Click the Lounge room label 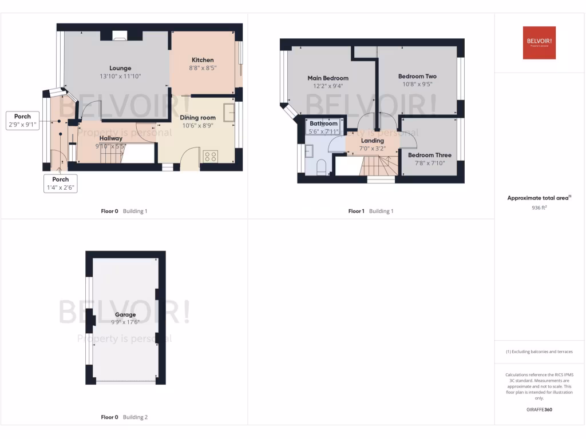click(120, 68)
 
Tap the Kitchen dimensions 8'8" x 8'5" click(203, 67)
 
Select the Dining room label click(198, 118)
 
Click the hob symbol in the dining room click(210, 155)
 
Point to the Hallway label click(110, 138)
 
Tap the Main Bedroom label click(328, 78)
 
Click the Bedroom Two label click(417, 77)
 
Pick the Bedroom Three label click(429, 155)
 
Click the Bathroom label click(324, 123)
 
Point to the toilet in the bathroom click(321, 167)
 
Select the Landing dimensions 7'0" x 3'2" click(372, 148)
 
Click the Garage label click(125, 314)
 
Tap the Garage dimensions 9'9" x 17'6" click(125, 322)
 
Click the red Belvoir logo click(539, 43)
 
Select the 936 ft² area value click(539, 208)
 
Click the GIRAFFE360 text click(540, 409)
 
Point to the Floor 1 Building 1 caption click(371, 211)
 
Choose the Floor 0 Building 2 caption click(124, 417)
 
